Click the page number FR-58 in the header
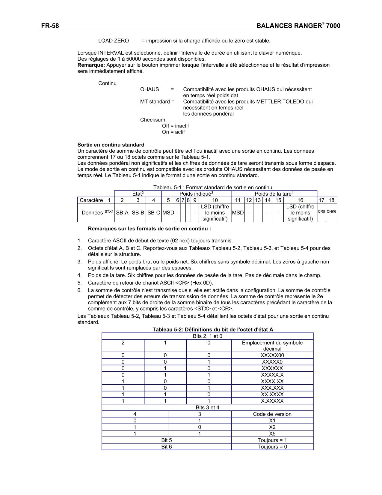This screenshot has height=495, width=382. (50, 26)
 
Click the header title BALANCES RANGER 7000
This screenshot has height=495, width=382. (298, 26)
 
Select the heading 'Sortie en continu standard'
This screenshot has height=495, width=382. (111, 145)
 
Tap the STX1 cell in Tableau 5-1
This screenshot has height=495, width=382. (109, 212)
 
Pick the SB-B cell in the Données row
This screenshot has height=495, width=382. (138, 213)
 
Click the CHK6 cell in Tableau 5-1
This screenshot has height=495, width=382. (331, 211)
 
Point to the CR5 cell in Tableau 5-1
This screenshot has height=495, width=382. (321, 211)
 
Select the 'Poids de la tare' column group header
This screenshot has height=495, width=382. (274, 194)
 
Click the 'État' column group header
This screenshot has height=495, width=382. (138, 194)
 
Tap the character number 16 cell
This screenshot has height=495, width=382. (300, 200)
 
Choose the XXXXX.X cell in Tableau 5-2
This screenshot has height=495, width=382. (272, 375)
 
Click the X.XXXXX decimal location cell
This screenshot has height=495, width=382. (272, 401)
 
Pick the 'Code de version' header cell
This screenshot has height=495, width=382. (272, 414)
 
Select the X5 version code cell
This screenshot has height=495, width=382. (272, 433)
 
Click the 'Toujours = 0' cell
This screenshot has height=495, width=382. (272, 447)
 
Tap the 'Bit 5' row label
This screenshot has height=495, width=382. (167, 440)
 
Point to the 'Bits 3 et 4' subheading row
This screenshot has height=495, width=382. (207, 407)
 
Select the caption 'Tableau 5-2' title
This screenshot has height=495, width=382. (213, 329)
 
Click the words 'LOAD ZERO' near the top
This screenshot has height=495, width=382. (114, 41)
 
